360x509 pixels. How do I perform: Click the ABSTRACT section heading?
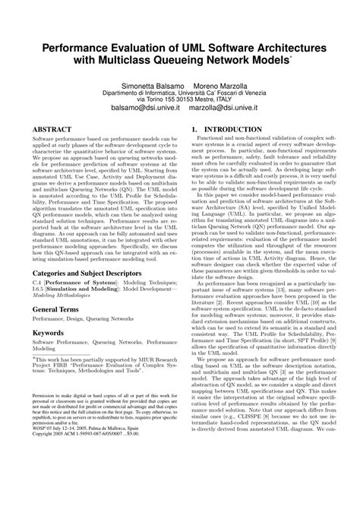pos(53,131)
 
